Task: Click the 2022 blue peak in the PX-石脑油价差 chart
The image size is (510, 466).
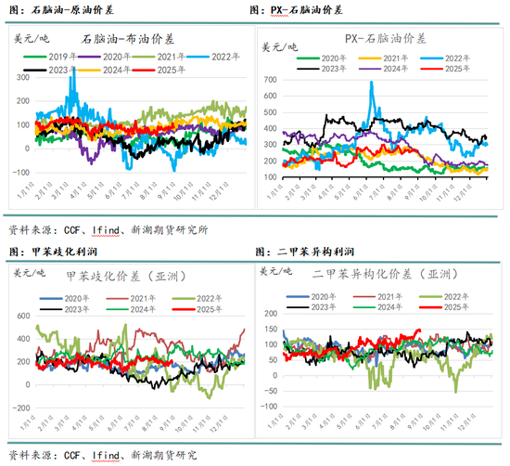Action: tap(372, 83)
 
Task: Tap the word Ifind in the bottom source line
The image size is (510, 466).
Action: tap(107, 455)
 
